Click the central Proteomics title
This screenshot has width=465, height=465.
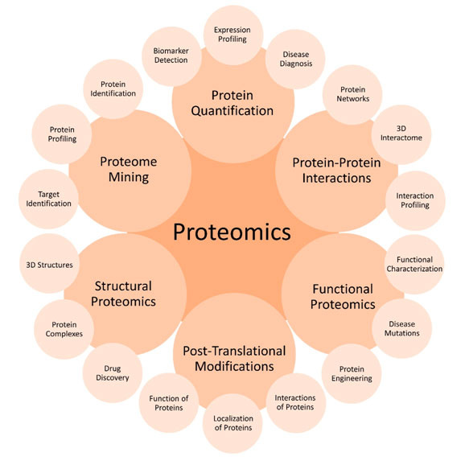pos(232,232)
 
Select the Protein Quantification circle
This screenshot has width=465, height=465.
pos(232,102)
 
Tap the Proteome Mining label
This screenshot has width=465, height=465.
pos(128,168)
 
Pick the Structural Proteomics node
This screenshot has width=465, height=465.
pos(124,294)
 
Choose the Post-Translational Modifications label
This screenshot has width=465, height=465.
pos(232,358)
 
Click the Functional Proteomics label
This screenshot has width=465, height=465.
pos(343,296)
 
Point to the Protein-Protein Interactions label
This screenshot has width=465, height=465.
pos(336,169)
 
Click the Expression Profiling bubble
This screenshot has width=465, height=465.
pos(232,34)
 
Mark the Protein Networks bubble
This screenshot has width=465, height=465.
pos(352,94)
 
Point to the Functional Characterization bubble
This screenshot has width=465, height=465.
pos(414,264)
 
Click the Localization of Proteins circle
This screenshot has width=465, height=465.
pos(232,423)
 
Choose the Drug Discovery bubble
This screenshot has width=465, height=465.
pos(112,372)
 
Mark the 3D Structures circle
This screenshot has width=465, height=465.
pos(49,265)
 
